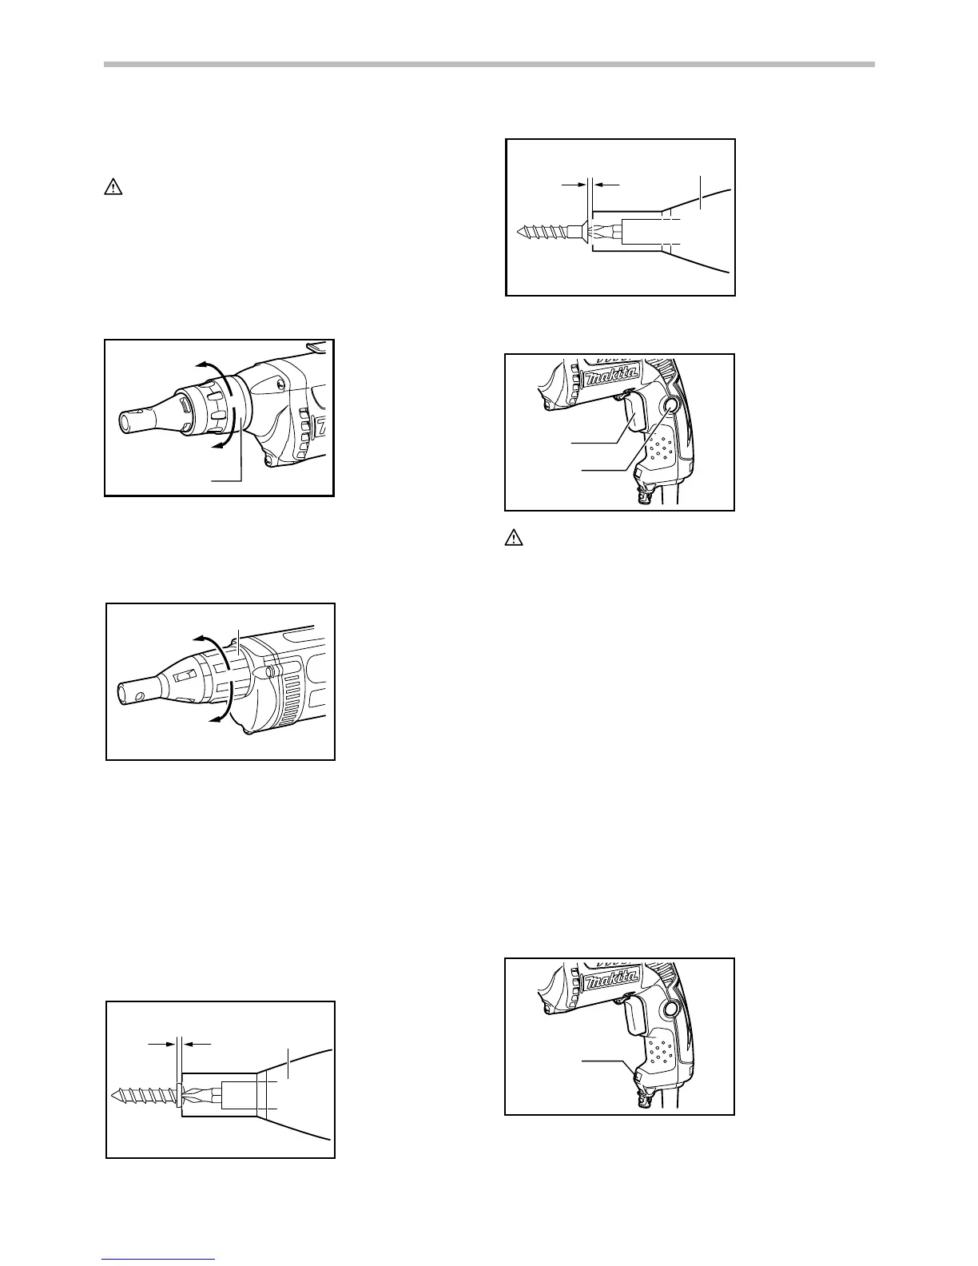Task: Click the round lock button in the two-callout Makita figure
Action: click(x=672, y=407)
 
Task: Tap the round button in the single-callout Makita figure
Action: click(x=672, y=1010)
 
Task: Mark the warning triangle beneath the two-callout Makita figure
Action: click(x=513, y=539)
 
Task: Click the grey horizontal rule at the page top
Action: click(x=489, y=65)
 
